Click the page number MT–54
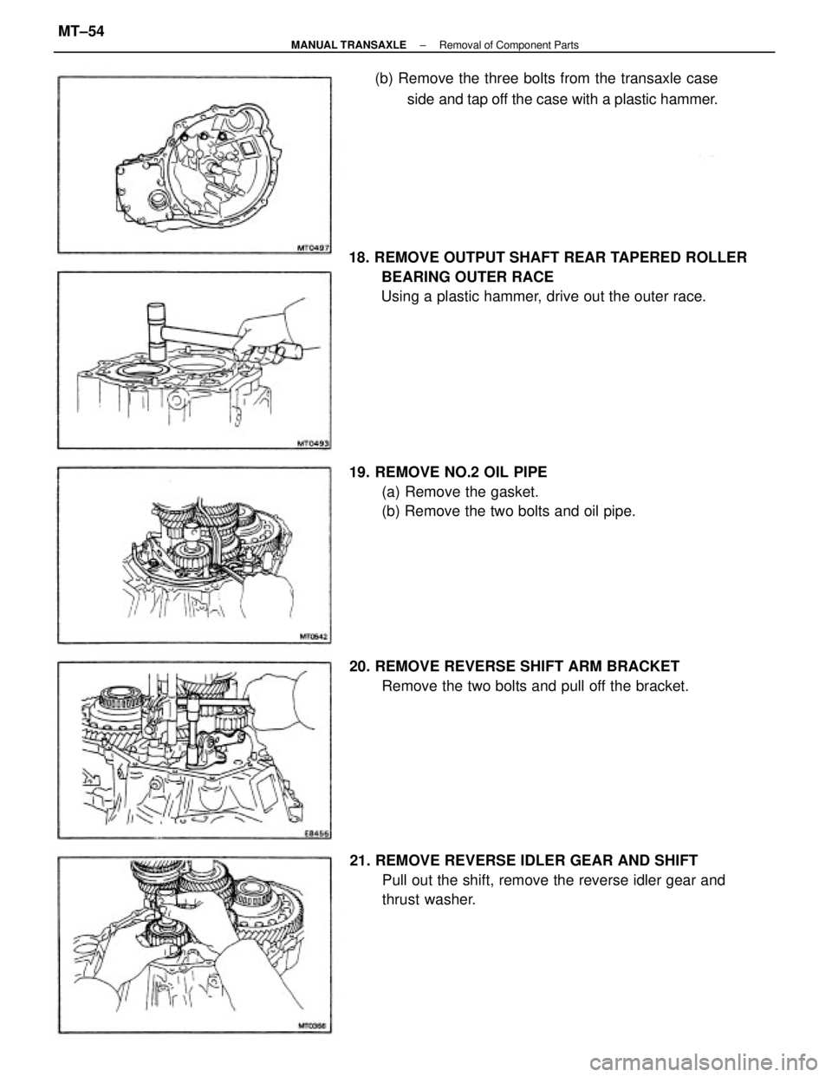[x=81, y=32]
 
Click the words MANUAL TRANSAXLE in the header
[x=348, y=45]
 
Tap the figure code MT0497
[x=314, y=249]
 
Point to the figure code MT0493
[x=314, y=445]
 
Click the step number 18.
[x=360, y=258]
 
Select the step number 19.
[x=360, y=472]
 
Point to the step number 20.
[x=361, y=666]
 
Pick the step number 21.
[x=361, y=860]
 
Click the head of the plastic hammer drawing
[x=157, y=331]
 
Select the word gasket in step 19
[x=512, y=493]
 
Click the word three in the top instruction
[x=501, y=79]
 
